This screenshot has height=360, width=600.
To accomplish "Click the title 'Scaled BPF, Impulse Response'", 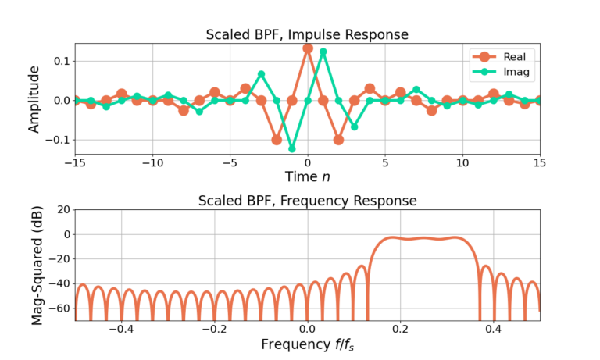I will click(x=307, y=34).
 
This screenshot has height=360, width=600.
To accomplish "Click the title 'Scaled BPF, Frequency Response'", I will click(x=307, y=201).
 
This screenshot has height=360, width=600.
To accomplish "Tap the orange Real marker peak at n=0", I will click(x=308, y=48).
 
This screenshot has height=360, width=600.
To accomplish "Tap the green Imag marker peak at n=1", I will click(x=323, y=52).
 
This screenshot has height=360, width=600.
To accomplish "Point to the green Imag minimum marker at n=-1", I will click(x=292, y=148).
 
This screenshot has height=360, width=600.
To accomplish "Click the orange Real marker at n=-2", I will click(x=277, y=140).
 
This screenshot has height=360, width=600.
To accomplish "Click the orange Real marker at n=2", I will click(x=338, y=140).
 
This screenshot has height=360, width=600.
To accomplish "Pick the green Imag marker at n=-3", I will click(x=261, y=74).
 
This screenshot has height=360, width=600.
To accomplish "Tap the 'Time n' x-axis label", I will click(x=307, y=176).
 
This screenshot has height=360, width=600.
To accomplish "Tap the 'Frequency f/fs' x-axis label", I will click(x=307, y=344).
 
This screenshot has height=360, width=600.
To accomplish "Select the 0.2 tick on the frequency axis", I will click(x=401, y=329).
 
